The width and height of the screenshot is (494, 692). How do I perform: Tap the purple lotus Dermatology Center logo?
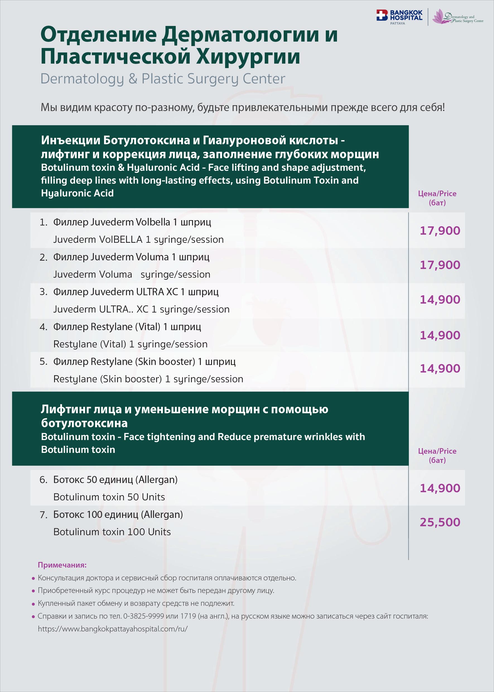click(x=458, y=17)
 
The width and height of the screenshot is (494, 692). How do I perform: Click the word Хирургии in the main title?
click(x=248, y=57)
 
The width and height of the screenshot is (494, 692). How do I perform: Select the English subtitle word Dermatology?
click(x=82, y=79)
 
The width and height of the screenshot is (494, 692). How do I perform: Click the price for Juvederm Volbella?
click(x=440, y=231)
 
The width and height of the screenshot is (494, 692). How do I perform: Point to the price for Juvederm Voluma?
click(x=440, y=265)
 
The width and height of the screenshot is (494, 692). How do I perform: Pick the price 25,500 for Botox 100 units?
click(x=440, y=522)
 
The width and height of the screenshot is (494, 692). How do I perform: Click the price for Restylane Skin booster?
click(x=440, y=369)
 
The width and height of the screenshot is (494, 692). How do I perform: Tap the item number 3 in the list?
click(x=44, y=292)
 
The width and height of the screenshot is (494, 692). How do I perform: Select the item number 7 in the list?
click(x=44, y=515)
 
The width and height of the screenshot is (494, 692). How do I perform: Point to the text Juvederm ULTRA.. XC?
click(x=101, y=309)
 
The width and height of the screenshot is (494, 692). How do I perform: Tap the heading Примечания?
click(x=62, y=565)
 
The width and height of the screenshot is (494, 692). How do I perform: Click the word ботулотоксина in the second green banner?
click(x=84, y=423)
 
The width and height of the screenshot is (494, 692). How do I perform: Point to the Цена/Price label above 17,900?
click(x=437, y=194)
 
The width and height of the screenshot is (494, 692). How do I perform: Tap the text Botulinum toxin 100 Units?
click(x=112, y=532)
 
